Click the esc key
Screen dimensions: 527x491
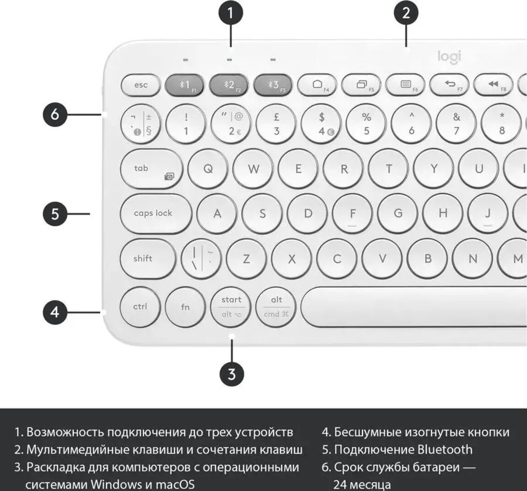pyautogui.click(x=141, y=85)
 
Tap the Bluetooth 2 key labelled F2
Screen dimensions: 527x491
pyautogui.click(x=229, y=85)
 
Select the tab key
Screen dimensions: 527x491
pyautogui.click(x=151, y=169)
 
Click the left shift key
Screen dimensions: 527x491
pyautogui.click(x=148, y=259)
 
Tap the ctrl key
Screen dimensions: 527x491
pyautogui.click(x=140, y=307)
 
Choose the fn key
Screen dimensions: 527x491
pyautogui.click(x=185, y=307)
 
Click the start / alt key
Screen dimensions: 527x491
pyautogui.click(x=231, y=307)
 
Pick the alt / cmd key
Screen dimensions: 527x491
pyautogui.click(x=276, y=307)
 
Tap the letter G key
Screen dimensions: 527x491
pyautogui.click(x=398, y=213)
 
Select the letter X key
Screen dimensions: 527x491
pyautogui.click(x=291, y=259)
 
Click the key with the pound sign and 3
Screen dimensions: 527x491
pyautogui.click(x=276, y=124)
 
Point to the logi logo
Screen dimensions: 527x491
pyautogui.click(x=450, y=57)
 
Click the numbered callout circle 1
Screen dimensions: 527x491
pyautogui.click(x=231, y=13)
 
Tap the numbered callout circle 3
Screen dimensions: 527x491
pyautogui.click(x=232, y=374)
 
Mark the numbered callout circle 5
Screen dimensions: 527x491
pyautogui.click(x=55, y=214)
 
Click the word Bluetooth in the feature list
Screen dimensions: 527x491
pyautogui.click(x=445, y=449)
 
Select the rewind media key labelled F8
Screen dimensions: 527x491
pyautogui.click(x=493, y=85)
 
